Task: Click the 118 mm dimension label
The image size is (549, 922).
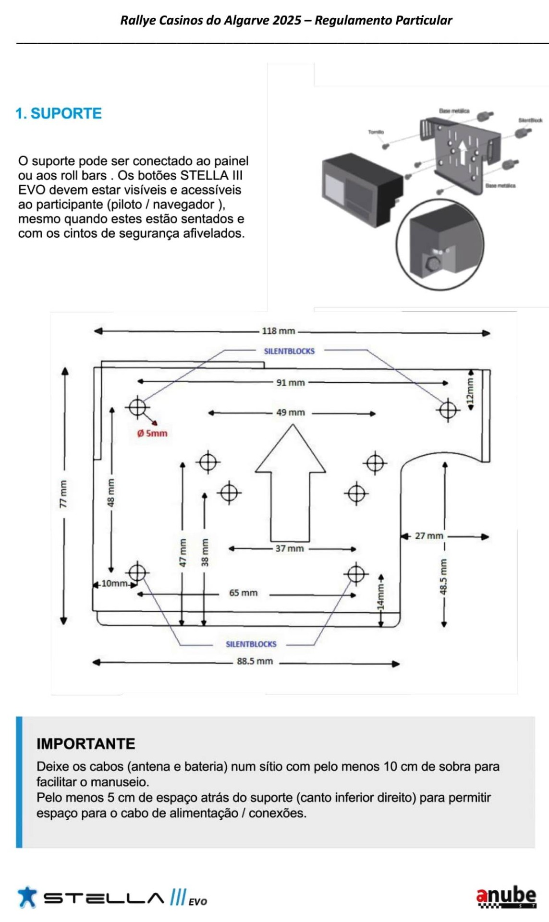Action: tap(278, 331)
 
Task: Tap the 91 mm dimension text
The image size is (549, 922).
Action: tap(290, 383)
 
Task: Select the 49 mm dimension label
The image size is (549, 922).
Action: tap(290, 412)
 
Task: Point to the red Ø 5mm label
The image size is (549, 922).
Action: tap(152, 433)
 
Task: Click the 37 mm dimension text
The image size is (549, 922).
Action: tap(289, 548)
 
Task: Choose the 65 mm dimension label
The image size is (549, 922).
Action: tap(243, 593)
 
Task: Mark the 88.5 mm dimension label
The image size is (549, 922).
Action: tap(255, 661)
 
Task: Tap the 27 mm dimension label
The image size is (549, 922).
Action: tap(429, 536)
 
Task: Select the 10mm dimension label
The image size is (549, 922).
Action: tap(114, 583)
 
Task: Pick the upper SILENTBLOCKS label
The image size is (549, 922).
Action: tap(289, 351)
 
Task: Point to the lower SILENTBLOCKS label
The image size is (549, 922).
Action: tap(251, 644)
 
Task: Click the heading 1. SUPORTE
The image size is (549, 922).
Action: tap(59, 113)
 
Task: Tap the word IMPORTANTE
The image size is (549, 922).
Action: tap(86, 743)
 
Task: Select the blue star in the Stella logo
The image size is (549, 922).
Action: tap(27, 897)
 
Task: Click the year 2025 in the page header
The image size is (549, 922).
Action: tap(287, 20)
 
